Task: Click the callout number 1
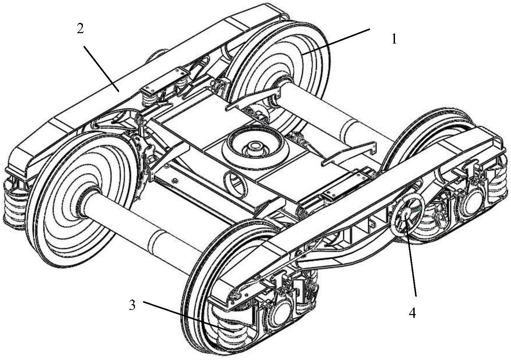coord(394,39)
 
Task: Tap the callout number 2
coord(80,29)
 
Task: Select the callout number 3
coord(132,305)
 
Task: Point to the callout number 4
coord(412,313)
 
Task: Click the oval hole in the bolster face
coord(236,183)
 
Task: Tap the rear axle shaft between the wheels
coord(328,111)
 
